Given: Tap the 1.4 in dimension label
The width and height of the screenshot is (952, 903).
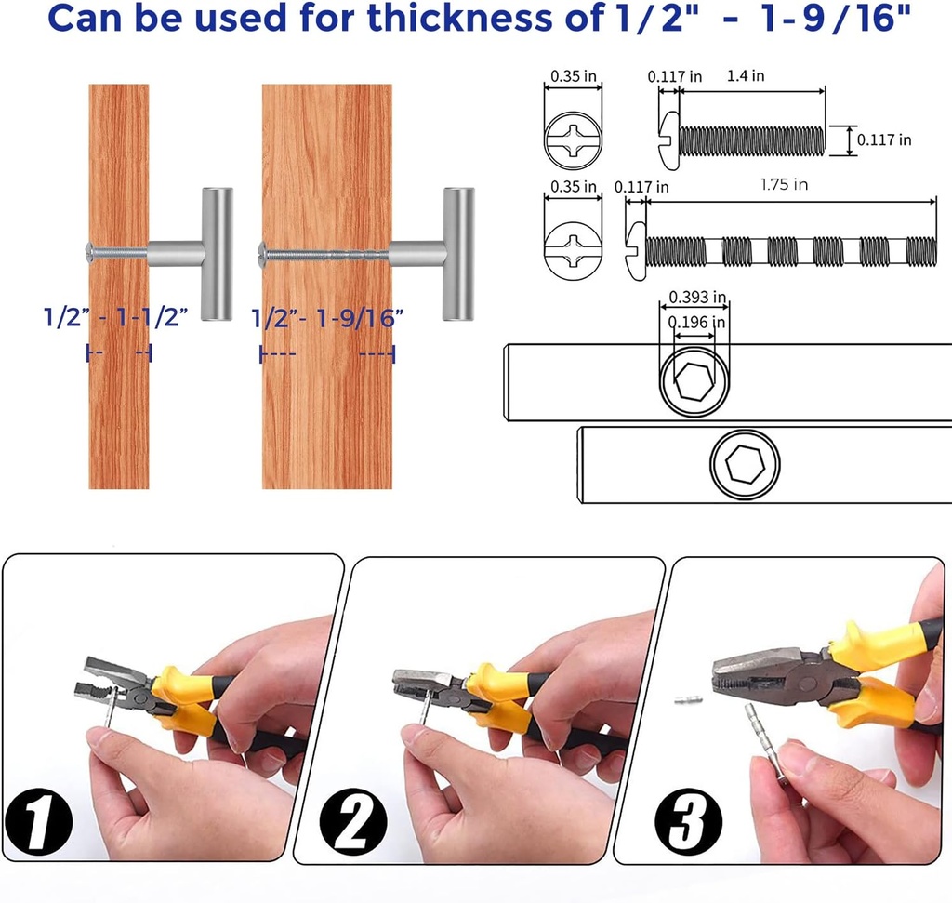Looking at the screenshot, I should [x=746, y=76].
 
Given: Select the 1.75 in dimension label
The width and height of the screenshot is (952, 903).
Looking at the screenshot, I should [x=784, y=185].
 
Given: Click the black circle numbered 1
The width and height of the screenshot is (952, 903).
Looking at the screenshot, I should [x=38, y=821].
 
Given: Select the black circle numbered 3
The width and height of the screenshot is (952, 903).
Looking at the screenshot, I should [x=688, y=821].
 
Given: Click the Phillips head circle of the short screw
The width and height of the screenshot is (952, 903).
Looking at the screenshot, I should [x=572, y=140].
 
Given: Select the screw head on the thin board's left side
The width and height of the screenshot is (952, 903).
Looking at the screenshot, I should [x=89, y=249].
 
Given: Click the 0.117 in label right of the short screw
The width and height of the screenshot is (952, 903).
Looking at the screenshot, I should [x=883, y=140].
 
